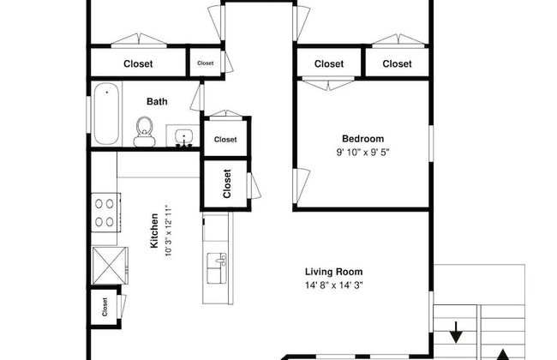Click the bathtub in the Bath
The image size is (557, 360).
[x=106, y=113]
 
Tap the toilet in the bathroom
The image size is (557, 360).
[x=144, y=131]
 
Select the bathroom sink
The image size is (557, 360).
[x=183, y=138]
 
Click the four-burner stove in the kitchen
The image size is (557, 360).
[x=105, y=213]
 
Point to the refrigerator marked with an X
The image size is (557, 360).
[x=110, y=266]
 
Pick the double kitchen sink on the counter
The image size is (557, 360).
[x=217, y=268]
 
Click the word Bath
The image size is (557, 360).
[x=157, y=102]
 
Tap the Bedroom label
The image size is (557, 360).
[x=362, y=139]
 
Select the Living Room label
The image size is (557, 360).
[x=334, y=272]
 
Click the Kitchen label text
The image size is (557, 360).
[x=154, y=231]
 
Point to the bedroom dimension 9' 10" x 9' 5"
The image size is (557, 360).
[x=362, y=153]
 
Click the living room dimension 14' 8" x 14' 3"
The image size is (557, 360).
[x=334, y=285]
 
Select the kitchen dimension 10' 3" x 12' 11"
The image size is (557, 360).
[x=168, y=231]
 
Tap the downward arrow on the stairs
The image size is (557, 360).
[x=456, y=332]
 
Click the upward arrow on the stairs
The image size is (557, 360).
[x=502, y=355]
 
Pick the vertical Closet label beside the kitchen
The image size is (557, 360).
[x=227, y=183]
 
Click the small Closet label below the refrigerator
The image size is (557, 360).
[x=105, y=307]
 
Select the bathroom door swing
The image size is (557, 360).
[x=197, y=97]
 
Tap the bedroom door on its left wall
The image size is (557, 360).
[x=302, y=186]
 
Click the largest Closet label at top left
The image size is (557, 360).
[x=138, y=64]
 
